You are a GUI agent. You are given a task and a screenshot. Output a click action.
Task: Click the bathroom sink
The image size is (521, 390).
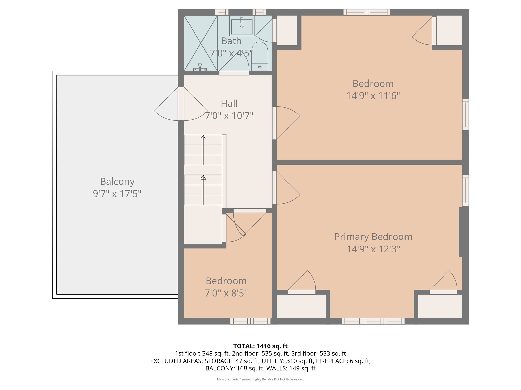pyautogui.click(x=242, y=26)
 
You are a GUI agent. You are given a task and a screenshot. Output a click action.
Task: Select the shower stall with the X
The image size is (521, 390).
pyautogui.click(x=201, y=43)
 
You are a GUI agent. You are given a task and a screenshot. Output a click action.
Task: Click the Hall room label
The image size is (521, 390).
pyautogui.click(x=229, y=104)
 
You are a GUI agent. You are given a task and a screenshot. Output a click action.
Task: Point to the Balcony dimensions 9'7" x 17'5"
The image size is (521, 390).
pyautogui.click(x=117, y=194)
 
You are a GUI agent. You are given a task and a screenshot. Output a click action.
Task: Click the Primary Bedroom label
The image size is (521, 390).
pyautogui.click(x=373, y=237)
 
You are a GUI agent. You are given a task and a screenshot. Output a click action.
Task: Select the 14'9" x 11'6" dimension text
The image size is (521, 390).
pyautogui.click(x=373, y=96)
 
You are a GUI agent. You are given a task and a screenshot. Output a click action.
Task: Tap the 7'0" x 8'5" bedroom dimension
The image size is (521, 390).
pyautogui.click(x=226, y=293)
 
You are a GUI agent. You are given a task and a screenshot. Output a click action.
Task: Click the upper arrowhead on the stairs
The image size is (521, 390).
pyautogui.click(x=203, y=137)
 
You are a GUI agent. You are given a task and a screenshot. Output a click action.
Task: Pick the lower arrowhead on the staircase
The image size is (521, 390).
pyautogui.click(x=203, y=177)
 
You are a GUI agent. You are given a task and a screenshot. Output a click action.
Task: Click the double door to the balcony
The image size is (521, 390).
pyautogui.click(x=181, y=104)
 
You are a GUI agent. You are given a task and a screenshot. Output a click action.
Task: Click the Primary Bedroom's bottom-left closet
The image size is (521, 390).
pyautogui.click(x=301, y=306)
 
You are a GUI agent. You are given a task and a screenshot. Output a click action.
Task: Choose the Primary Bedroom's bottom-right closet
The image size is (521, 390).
pyautogui.click(x=440, y=306)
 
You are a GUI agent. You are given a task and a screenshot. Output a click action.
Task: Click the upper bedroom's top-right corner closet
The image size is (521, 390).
pyautogui.click(x=449, y=30)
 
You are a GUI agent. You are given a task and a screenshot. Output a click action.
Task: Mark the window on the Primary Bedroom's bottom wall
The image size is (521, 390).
pyautogui.click(x=373, y=321)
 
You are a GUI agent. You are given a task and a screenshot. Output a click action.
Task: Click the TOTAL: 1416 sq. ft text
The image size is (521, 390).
pyautogui.click(x=260, y=346)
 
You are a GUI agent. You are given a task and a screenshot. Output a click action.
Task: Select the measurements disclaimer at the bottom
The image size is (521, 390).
pyautogui.click(x=260, y=379)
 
